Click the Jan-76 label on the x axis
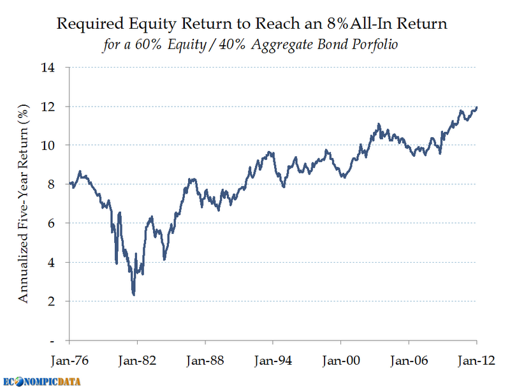[x=69, y=359]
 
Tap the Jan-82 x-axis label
[x=136, y=359]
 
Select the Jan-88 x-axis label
[x=205, y=359]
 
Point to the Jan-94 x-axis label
[x=273, y=359]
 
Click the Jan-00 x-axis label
[x=341, y=359]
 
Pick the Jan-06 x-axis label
[x=409, y=359]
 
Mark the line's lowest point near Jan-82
[x=133, y=294]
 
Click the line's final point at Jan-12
[x=477, y=108]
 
